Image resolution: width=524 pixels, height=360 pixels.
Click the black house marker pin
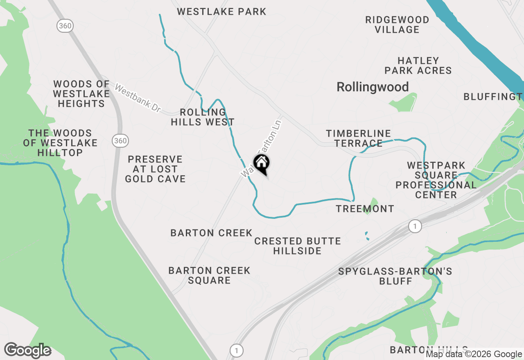[x=261, y=164]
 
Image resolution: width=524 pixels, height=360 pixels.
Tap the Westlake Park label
[x=221, y=11]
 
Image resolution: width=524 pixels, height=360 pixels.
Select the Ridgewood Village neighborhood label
[x=397, y=25]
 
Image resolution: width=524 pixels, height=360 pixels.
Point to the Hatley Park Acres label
[x=418, y=65]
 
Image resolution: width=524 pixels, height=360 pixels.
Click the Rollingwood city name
[x=373, y=87]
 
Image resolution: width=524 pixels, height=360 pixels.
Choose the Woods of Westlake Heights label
[x=81, y=94]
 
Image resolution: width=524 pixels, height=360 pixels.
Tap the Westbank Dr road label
[x=138, y=99]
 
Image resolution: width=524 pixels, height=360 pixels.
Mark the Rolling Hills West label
[x=203, y=117]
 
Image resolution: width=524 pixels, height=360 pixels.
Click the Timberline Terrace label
[x=358, y=138]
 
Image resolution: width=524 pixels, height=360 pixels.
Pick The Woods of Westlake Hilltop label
[x=60, y=143]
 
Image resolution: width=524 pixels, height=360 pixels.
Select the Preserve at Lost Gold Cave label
[x=155, y=169]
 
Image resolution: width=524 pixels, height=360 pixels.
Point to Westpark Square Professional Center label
[x=436, y=180]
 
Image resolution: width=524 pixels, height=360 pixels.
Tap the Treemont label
[x=365, y=209]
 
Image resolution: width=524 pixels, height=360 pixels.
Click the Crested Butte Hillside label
[x=298, y=246]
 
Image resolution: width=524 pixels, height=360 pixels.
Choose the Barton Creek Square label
[x=209, y=275]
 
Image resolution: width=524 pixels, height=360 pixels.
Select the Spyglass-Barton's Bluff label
[x=395, y=276]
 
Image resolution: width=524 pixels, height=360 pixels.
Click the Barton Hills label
[x=428, y=350]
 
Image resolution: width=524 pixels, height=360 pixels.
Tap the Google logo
[x=27, y=350]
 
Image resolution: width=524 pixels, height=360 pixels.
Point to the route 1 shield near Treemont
[x=415, y=226]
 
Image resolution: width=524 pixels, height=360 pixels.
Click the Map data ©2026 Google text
[x=474, y=354]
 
